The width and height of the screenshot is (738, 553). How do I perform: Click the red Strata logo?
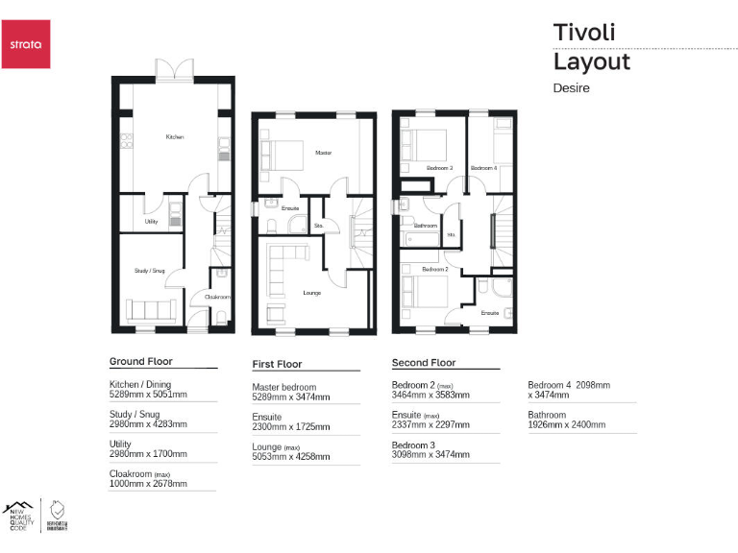click(25, 44)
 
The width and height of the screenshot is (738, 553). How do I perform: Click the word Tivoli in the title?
click(583, 32)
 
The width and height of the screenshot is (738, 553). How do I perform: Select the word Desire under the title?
click(571, 87)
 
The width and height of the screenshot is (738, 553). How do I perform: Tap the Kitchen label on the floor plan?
click(174, 137)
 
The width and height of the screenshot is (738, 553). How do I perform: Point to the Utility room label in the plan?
click(151, 221)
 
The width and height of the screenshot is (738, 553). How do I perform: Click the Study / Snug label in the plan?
click(149, 271)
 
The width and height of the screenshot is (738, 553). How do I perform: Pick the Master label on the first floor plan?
click(323, 153)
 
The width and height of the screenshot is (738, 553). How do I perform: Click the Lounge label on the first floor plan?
click(311, 292)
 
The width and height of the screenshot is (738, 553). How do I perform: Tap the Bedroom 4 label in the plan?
click(483, 168)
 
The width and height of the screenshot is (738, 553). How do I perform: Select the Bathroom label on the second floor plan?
click(426, 226)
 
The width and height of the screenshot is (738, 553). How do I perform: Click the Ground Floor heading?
click(140, 362)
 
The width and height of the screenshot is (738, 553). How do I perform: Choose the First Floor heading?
click(277, 364)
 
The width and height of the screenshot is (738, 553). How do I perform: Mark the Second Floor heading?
click(424, 363)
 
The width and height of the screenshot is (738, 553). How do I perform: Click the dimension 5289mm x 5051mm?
click(148, 395)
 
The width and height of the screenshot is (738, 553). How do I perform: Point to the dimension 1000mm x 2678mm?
click(148, 484)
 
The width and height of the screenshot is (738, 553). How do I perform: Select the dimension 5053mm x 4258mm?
click(291, 457)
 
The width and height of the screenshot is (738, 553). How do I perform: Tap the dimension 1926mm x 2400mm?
click(567, 424)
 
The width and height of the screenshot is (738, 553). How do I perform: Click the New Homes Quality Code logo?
click(18, 516)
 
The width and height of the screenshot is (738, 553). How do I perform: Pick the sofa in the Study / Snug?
click(149, 311)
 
